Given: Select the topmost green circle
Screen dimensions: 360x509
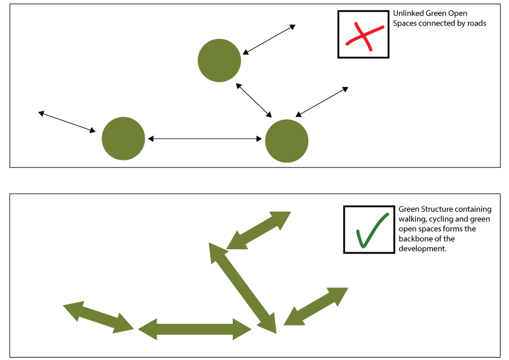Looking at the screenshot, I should click(x=219, y=60).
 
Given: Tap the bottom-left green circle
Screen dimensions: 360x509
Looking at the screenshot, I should click(x=123, y=139).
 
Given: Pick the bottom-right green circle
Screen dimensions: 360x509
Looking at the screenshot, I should click(x=287, y=141).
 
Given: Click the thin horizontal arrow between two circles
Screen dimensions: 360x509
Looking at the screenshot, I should click(x=205, y=139).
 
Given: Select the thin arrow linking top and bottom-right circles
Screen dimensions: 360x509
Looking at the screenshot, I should click(x=254, y=100).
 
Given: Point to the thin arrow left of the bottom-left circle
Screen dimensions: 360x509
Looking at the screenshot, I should click(x=67, y=122).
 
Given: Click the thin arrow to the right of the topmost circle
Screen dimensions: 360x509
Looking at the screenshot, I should click(x=269, y=40).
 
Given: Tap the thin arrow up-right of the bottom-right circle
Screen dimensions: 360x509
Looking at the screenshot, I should click(x=322, y=102).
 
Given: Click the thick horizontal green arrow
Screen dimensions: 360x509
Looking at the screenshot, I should click(x=195, y=329).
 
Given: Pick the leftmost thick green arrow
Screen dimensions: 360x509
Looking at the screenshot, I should click(x=99, y=316).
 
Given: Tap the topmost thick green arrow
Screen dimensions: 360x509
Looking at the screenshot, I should click(x=259, y=230).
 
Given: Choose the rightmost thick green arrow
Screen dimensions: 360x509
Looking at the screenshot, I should click(x=316, y=306).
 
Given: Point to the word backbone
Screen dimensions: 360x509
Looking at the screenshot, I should click(x=415, y=239).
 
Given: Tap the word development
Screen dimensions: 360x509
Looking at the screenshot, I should click(x=422, y=249).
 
